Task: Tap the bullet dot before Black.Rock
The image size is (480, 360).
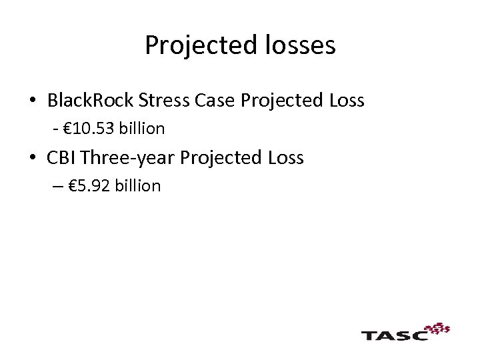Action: click(32, 101)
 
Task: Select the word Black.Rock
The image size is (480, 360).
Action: click(91, 101)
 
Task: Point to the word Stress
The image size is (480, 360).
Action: click(165, 101)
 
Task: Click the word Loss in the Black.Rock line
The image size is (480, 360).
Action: click(347, 101)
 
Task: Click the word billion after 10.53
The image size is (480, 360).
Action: click(141, 128)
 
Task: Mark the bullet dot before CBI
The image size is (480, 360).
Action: click(32, 158)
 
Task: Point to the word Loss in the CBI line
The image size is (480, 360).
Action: click(286, 158)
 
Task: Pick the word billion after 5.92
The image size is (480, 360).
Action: click(137, 186)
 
